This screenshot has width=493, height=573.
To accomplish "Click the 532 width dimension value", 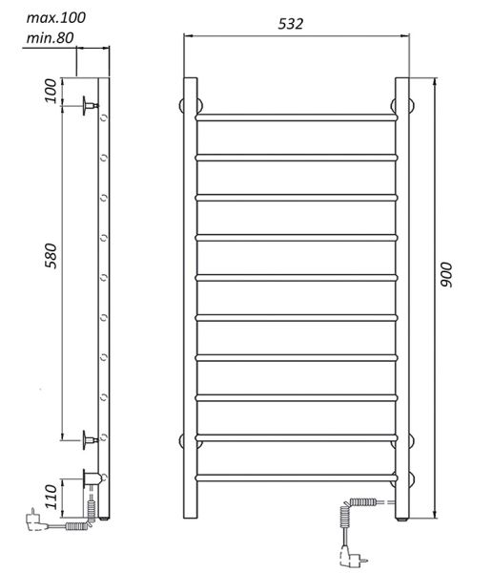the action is click(x=291, y=24).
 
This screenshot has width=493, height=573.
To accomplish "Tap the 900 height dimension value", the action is click(x=445, y=275).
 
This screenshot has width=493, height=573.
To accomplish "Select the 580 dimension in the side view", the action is click(x=51, y=256).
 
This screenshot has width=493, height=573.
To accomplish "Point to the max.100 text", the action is click(x=56, y=17).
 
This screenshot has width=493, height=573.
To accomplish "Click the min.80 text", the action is click(x=50, y=37).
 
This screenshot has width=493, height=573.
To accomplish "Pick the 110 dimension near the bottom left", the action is click(x=51, y=497).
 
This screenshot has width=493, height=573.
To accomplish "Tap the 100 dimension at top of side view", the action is click(x=51, y=91).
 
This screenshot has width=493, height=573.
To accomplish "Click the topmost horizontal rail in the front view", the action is click(x=297, y=117).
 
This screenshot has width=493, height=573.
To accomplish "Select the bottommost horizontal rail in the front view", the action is click(x=297, y=477).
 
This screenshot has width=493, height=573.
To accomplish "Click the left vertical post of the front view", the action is click(x=190, y=298).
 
